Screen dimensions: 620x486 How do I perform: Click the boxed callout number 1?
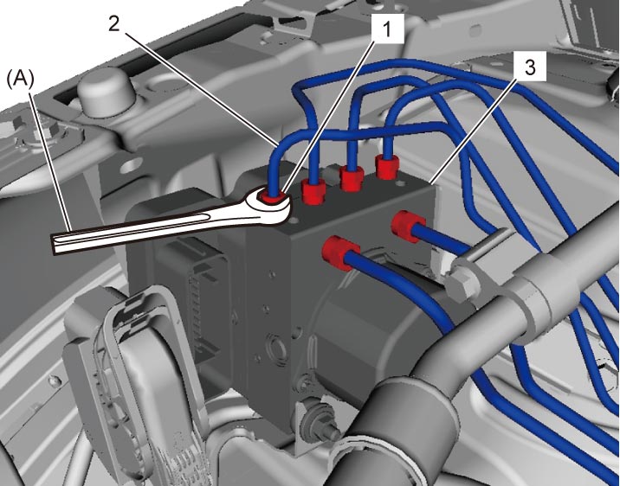[387, 29]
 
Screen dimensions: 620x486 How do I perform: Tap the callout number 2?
[114, 24]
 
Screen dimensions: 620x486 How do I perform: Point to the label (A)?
[21, 80]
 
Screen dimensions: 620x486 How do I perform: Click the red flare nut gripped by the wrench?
[271, 195]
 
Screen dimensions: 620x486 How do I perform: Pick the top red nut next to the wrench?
[314, 190]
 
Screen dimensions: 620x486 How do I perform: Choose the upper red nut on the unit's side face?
[408, 227]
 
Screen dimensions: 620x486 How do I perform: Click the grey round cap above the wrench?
[105, 92]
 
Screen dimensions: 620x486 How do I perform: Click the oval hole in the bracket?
[134, 166]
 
